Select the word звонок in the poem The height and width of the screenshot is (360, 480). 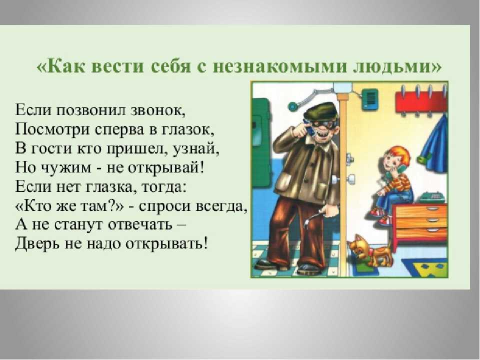click(x=158, y=110)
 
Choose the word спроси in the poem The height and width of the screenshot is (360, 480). click(x=164, y=206)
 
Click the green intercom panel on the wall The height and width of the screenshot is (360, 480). click(x=370, y=98)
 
